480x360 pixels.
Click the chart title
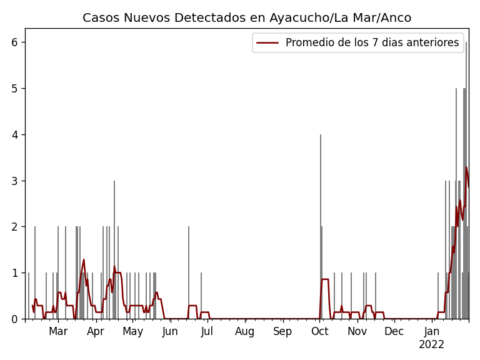point(247,18)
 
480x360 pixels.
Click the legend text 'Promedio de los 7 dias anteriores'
point(372,42)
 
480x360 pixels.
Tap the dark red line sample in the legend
point(268,42)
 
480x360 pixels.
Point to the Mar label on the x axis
point(58,332)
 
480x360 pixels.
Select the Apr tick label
point(96,332)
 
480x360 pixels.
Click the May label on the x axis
point(132,332)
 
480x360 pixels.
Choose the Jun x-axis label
point(170,332)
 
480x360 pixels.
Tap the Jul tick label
point(207,332)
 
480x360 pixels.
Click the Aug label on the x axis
point(245,332)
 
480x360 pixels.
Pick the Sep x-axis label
point(282,332)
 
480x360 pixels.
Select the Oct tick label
point(319,332)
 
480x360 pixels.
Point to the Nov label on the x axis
point(357,332)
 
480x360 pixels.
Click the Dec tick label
point(394,332)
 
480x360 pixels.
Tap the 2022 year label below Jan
point(431,345)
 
